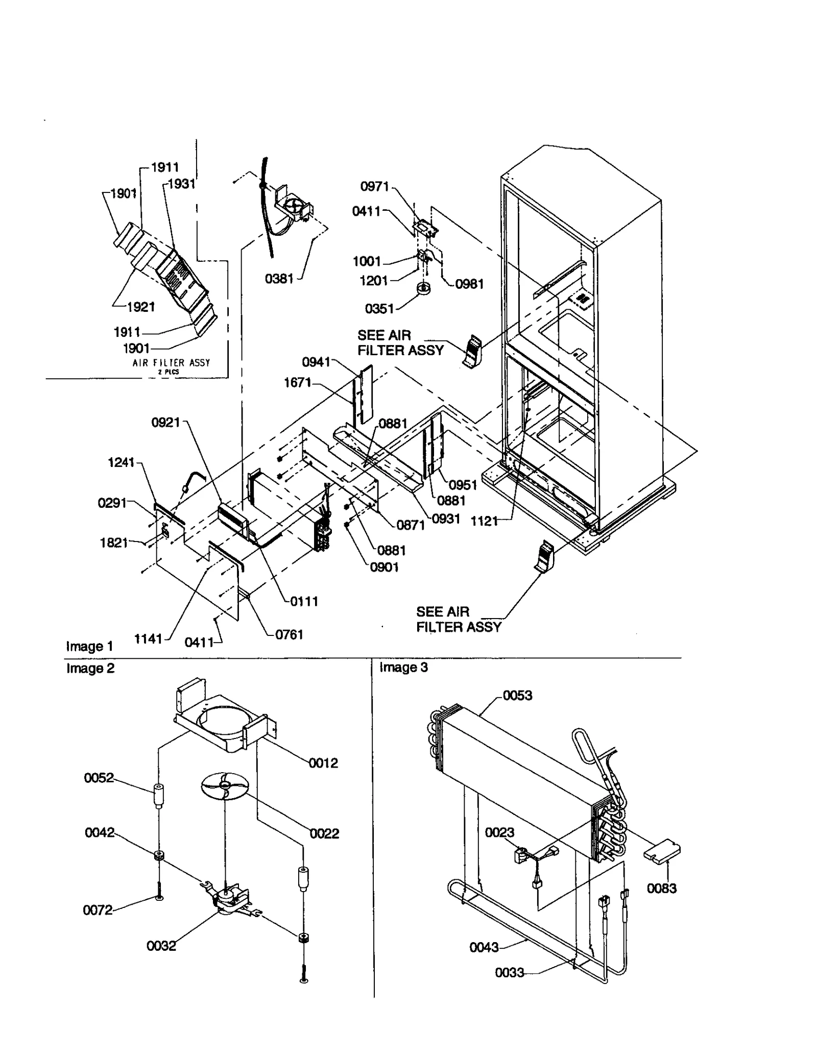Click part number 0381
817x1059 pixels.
pos(279,279)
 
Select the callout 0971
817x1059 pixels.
pos(375,186)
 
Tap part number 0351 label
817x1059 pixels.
pos(379,308)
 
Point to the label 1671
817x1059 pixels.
pos(298,382)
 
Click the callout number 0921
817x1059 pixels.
pos(166,422)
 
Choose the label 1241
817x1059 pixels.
pos(122,462)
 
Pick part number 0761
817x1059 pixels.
pos(289,634)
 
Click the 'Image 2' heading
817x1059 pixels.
pos(90,668)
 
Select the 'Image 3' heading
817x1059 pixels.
pos(403,668)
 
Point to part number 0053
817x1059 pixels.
pos(517,695)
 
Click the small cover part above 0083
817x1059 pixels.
pos(662,850)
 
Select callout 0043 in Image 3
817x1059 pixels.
pos(484,947)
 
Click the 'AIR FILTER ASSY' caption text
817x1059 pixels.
pos(171,363)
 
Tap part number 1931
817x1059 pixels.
pos(182,184)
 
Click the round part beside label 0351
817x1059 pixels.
pos(424,289)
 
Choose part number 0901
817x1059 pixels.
pos(384,567)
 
